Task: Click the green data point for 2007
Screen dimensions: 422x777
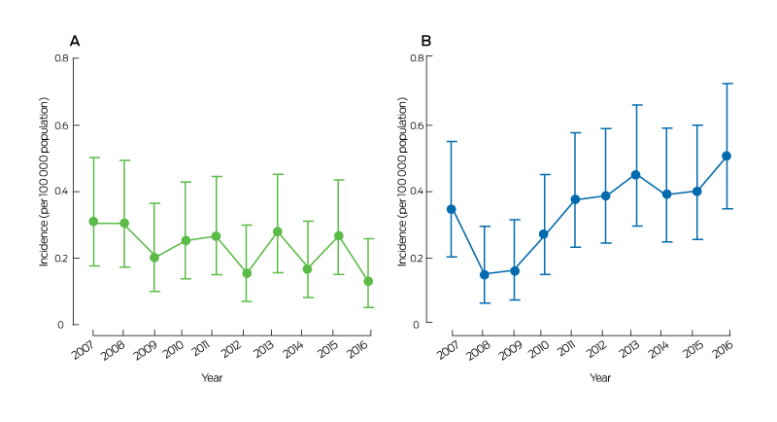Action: click(x=94, y=222)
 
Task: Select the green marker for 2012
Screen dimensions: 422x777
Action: click(x=247, y=273)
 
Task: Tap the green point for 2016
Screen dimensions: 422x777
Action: click(x=368, y=281)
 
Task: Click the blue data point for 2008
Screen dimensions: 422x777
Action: click(x=484, y=274)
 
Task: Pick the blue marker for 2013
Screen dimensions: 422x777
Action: click(x=636, y=175)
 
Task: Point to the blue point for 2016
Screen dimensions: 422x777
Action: click(x=726, y=156)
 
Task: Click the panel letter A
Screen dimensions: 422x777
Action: click(x=74, y=41)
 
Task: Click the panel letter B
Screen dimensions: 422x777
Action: click(x=425, y=41)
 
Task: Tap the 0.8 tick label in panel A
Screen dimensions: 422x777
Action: click(x=60, y=59)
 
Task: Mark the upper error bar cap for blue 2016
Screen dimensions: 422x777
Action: click(x=726, y=84)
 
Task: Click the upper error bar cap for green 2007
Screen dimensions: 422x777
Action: click(x=94, y=158)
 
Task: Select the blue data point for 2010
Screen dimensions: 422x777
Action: click(x=545, y=234)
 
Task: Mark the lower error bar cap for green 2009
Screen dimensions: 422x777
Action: click(x=155, y=292)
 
